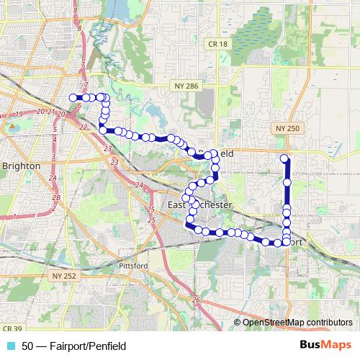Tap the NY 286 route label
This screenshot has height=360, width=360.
pos(184,86)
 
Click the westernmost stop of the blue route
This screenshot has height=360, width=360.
pos(72,97)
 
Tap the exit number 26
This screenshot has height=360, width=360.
pos(195,300)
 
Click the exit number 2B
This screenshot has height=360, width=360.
pos(55,196)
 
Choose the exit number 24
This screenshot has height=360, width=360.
pos(140,185)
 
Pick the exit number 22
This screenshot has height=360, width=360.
pos(84,127)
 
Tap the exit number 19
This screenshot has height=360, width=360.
pos(19,114)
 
